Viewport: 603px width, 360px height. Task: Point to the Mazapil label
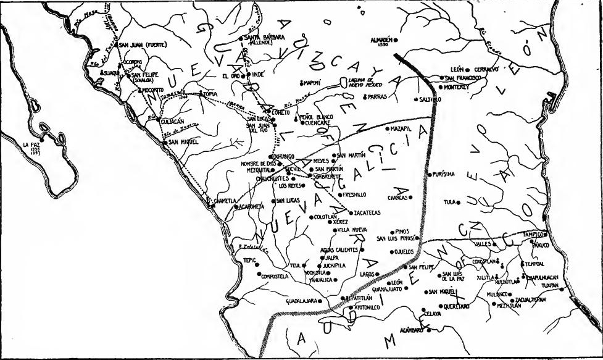click(400, 129)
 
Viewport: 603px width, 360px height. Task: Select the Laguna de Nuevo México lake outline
click(344, 82)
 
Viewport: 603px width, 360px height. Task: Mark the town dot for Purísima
click(430, 175)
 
